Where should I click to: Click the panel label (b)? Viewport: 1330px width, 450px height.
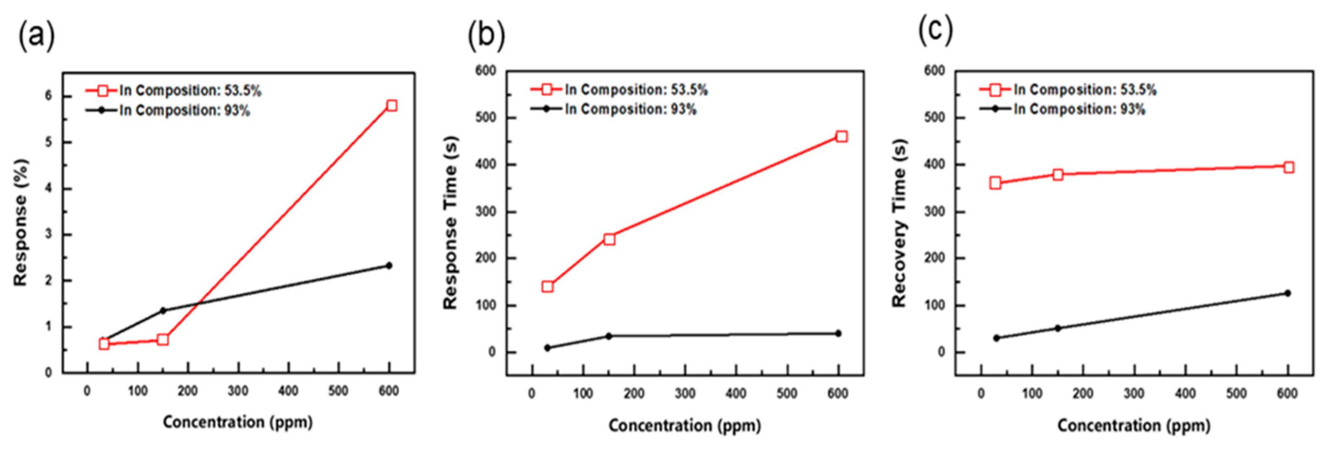[486, 36]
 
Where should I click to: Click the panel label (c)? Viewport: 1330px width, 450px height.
[935, 31]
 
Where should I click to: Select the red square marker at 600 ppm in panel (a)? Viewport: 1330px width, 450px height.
[391, 106]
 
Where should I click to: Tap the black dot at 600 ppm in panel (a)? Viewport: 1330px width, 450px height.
[389, 265]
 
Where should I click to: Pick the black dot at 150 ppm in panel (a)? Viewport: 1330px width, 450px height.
[163, 310]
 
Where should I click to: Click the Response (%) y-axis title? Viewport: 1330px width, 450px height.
[21, 222]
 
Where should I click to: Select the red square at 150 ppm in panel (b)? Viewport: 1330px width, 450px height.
[609, 239]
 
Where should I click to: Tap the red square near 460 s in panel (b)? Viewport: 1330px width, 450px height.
[841, 136]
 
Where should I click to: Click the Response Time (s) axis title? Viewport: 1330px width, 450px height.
[451, 222]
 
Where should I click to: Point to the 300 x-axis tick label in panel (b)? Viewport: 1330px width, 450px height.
[685, 394]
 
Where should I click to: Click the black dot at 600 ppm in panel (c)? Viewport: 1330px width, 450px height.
[1287, 293]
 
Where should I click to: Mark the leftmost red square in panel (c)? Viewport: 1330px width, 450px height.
[995, 183]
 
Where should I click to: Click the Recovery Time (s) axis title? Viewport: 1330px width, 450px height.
[900, 222]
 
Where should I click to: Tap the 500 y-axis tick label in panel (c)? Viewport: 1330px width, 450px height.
[934, 118]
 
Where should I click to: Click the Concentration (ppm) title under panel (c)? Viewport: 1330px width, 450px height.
[1133, 426]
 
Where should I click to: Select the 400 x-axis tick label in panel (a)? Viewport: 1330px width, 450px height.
[288, 391]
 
